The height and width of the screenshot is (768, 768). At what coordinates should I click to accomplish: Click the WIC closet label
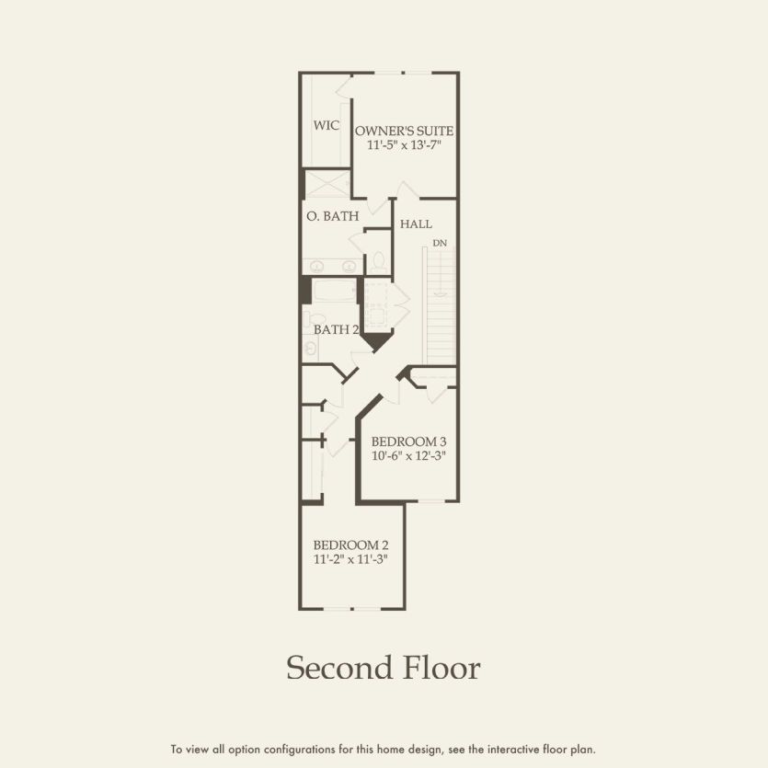(x=326, y=125)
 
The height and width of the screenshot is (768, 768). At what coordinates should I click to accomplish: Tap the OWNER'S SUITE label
(x=404, y=131)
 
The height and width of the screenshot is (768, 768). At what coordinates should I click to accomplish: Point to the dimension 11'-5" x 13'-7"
(x=404, y=146)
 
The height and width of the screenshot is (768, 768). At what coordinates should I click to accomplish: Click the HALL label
(x=416, y=224)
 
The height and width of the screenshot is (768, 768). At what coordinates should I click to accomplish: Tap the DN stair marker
(x=440, y=243)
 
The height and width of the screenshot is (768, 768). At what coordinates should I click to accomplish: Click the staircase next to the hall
(x=440, y=304)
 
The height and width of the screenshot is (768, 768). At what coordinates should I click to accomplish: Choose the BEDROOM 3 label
(x=408, y=441)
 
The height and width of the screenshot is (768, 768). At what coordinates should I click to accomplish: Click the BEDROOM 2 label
(x=350, y=544)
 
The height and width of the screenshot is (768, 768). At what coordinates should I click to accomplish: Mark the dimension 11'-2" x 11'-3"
(x=350, y=558)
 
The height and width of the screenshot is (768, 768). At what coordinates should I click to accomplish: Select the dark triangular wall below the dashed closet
(x=375, y=342)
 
